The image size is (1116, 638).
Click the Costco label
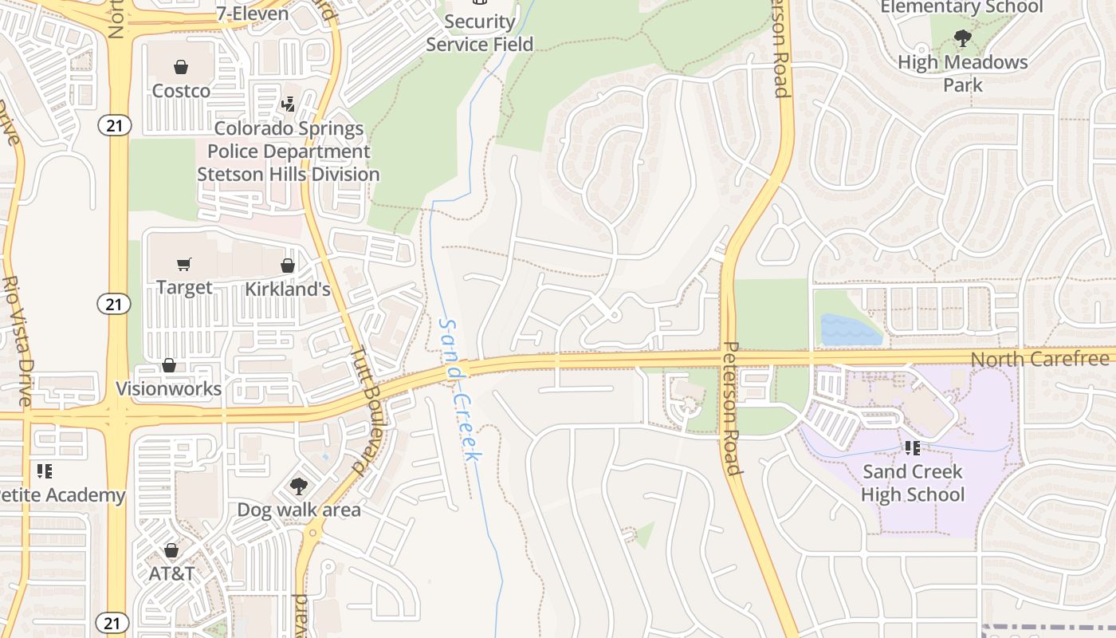(181, 91)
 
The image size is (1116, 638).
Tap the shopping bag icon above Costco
(181, 67)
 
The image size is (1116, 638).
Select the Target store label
(184, 287)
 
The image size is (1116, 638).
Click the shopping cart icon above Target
(184, 264)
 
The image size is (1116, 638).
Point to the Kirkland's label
(287, 289)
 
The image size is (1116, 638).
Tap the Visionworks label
(169, 389)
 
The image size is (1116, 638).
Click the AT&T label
(171, 573)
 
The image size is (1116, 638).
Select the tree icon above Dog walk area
(299, 486)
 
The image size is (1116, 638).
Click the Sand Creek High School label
(913, 483)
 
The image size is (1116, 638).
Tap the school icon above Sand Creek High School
(913, 449)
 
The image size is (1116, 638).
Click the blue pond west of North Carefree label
(850, 329)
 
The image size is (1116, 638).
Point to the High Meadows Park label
(963, 73)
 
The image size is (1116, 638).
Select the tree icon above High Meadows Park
(963, 37)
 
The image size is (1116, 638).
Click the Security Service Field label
(479, 33)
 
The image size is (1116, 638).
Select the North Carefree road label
(1041, 360)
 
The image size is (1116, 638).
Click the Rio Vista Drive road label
(15, 341)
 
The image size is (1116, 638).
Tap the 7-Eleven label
(253, 13)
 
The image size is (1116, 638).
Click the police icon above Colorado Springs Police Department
(289, 104)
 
